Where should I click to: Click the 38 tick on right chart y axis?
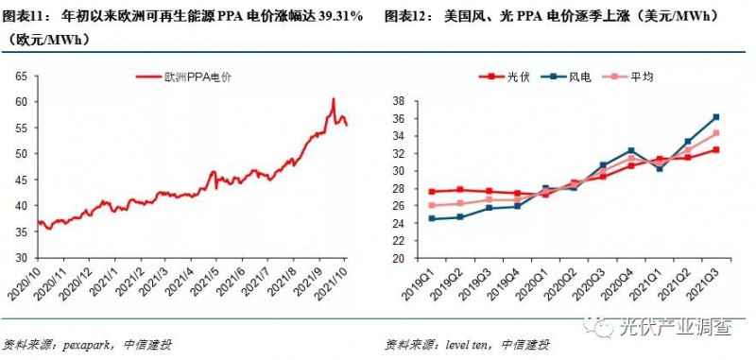(x=401, y=101)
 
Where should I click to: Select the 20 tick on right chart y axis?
(x=401, y=258)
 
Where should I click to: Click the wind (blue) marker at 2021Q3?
(x=715, y=117)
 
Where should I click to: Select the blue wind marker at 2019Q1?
(x=432, y=218)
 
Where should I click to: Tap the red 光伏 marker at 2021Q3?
(x=715, y=149)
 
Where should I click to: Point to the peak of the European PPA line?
(x=333, y=98)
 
